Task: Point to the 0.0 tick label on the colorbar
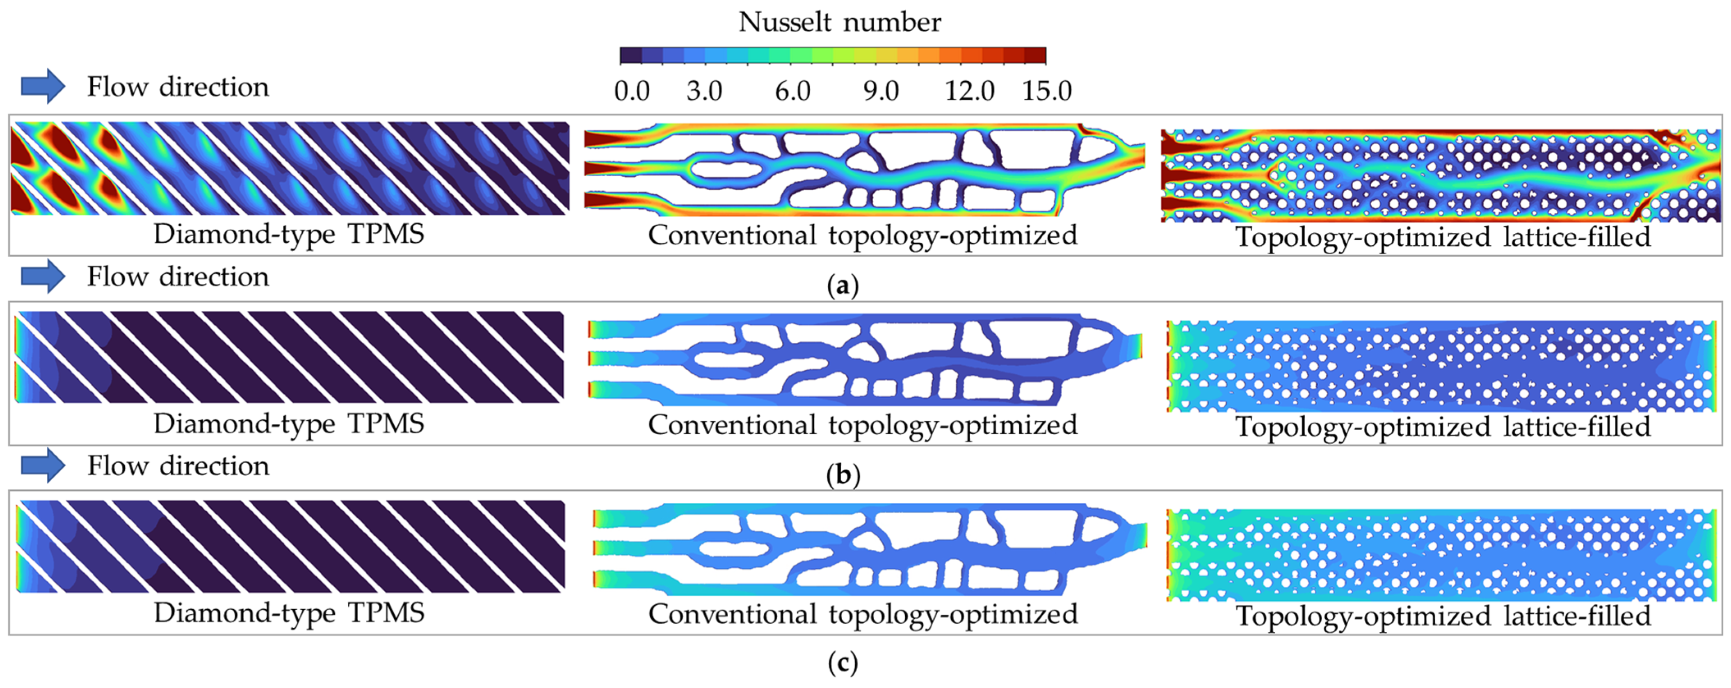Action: click(632, 91)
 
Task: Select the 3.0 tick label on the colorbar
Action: click(704, 91)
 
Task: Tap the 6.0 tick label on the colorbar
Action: click(793, 91)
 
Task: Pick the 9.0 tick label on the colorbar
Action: click(881, 91)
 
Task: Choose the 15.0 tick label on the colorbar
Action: click(1047, 91)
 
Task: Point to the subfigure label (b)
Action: click(843, 475)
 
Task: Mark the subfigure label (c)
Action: click(843, 664)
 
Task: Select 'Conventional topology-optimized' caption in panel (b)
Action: click(863, 425)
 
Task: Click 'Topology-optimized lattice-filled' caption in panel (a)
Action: click(1443, 237)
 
